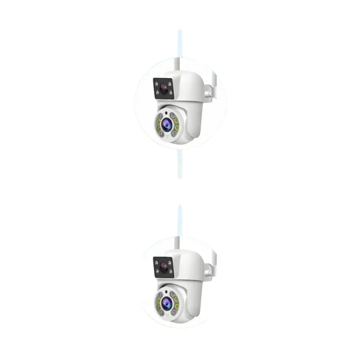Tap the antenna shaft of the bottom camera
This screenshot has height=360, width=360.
(x=180, y=227)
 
